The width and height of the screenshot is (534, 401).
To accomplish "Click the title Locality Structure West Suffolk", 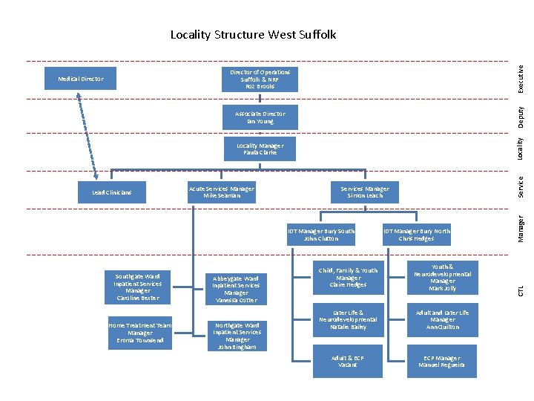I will pos(253,35).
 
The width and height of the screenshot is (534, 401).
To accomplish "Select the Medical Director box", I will pos(81,79).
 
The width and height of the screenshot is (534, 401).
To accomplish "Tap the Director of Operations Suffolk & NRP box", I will pos(260,79).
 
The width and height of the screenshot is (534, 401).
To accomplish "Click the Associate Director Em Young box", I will pos(260,117).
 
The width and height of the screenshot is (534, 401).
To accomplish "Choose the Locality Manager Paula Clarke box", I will pos(260,149).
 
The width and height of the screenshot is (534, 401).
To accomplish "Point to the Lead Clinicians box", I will pos(111,193).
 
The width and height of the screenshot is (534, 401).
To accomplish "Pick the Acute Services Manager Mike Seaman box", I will pos(222,192).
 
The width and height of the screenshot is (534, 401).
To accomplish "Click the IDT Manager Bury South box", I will pos(320,235).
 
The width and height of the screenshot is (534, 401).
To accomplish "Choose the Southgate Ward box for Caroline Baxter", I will pos(138,287).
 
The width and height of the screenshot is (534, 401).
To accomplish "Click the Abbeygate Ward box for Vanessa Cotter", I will pos(236,290).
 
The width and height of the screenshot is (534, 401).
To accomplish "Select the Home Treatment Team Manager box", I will pos(139,334).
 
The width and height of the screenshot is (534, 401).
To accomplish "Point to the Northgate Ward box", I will pos(236,336).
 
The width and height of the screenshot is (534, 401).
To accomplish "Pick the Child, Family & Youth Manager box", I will pos(348,277).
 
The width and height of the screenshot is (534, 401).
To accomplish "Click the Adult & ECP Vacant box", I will pos(348,362).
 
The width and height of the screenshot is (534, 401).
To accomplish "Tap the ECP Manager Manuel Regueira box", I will pos(442,362).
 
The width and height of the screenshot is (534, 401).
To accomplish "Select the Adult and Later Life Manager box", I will pos(442,320).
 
